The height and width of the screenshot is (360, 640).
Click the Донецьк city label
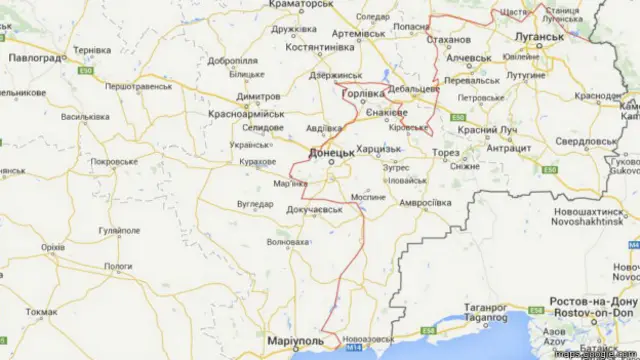[331, 152]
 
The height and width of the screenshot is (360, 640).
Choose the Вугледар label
[255, 204]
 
